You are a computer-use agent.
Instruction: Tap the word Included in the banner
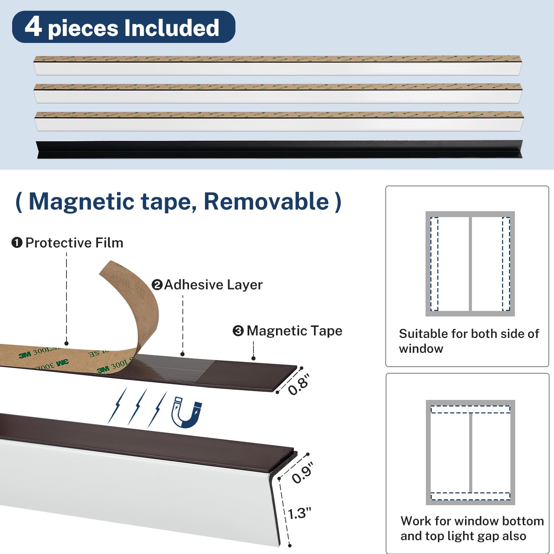click(171, 28)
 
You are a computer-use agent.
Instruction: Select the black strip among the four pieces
click(279, 149)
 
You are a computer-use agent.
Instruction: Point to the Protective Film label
click(74, 243)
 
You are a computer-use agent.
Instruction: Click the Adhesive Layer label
click(213, 285)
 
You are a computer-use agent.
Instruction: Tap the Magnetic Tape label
click(294, 331)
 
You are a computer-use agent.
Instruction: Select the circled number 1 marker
click(17, 243)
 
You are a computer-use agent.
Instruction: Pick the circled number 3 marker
click(238, 331)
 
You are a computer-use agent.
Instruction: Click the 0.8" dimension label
click(298, 385)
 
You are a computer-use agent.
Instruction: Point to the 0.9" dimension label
click(302, 473)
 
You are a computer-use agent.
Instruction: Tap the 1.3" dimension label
click(300, 513)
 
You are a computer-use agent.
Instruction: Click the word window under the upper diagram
click(421, 349)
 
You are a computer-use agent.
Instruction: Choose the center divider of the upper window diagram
click(470, 264)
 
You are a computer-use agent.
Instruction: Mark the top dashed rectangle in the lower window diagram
click(471, 410)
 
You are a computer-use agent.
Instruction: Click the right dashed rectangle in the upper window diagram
click(506, 264)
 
